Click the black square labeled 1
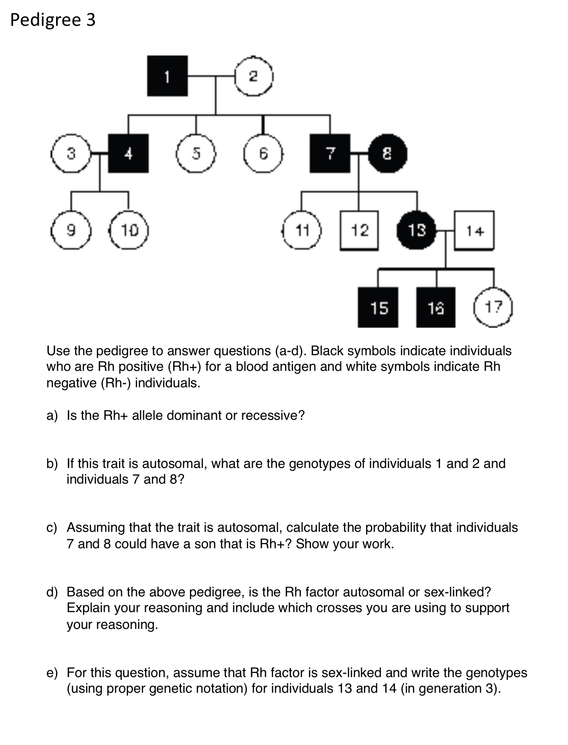(167, 76)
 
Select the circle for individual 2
(254, 76)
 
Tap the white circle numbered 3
(71, 153)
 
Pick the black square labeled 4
(128, 153)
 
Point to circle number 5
(196, 153)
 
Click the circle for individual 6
(263, 153)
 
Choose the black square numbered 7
(330, 153)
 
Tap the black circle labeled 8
(387, 153)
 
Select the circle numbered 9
(71, 230)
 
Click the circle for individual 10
(129, 230)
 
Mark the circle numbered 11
(302, 230)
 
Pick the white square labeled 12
(359, 230)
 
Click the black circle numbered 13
(417, 230)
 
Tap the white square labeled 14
(474, 230)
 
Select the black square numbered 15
(378, 307)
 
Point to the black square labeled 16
(436, 307)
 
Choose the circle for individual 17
(493, 307)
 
